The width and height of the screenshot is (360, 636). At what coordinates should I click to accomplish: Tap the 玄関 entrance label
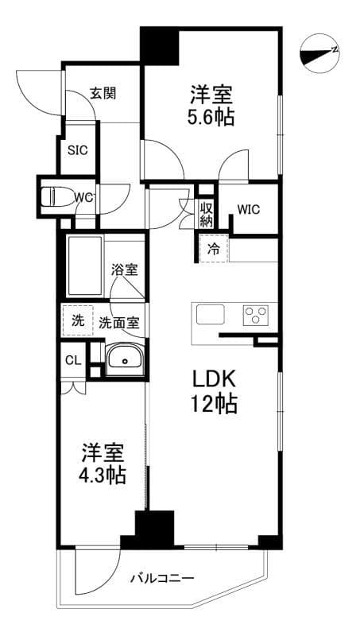tap(103, 93)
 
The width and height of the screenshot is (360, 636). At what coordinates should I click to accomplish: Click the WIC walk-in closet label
tap(249, 209)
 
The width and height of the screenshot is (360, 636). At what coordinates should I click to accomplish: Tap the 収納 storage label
tap(206, 213)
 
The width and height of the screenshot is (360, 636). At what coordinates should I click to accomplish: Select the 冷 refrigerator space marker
tap(213, 248)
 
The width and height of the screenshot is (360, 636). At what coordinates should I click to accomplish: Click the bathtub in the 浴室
tap(84, 266)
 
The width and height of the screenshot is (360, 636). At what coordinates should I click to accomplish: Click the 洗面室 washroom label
tap(119, 323)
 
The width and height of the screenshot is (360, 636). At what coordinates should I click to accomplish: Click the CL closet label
tap(73, 360)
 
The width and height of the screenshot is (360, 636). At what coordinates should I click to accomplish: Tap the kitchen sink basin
tap(211, 314)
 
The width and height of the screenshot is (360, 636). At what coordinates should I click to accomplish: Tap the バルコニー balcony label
tap(162, 578)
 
